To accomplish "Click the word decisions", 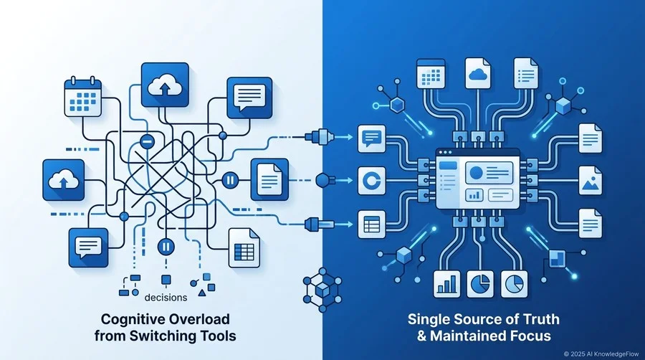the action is tap(166, 298).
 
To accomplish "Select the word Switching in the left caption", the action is tap(161, 336).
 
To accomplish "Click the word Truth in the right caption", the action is tap(540, 319).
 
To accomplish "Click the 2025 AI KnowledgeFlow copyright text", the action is tap(601, 354).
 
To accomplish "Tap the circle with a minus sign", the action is tap(147, 142).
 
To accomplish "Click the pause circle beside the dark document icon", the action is tap(230, 180).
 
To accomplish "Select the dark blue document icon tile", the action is tap(269, 180).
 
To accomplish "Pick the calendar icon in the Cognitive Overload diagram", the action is tap(83, 96).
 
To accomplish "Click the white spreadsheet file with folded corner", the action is tap(244, 247).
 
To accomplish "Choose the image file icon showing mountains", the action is tap(591, 181).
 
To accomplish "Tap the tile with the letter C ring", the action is tap(372, 181).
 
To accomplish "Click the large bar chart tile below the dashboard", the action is tap(446, 284).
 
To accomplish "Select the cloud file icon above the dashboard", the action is tap(477, 73).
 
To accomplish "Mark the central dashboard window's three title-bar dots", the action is tap(445, 153).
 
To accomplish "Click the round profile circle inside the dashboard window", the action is tap(477, 172).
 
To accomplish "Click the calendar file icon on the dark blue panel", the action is tap(431, 73).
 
